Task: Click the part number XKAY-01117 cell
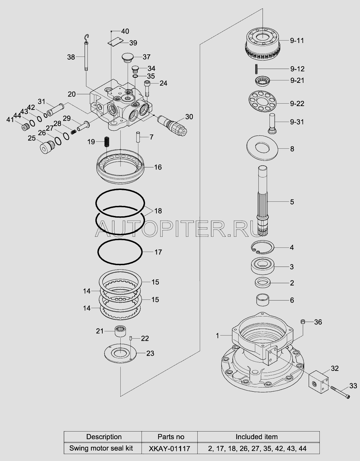(169, 449)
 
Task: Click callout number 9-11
(297, 41)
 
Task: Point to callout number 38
(71, 57)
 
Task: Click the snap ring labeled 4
(263, 247)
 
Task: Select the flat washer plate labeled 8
(262, 148)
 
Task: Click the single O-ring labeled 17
(120, 252)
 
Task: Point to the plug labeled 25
(47, 147)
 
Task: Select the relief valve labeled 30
(172, 125)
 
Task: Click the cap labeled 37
(127, 58)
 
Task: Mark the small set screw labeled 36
(303, 322)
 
